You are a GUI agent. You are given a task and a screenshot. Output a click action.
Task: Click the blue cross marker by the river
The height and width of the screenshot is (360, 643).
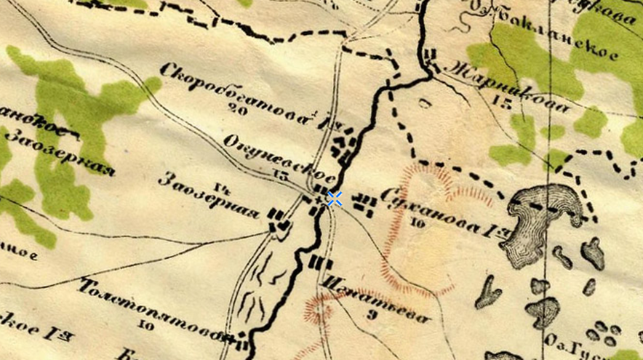coord(335,199)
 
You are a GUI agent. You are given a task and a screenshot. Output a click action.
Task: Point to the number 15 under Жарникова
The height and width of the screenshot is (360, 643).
coord(502,101)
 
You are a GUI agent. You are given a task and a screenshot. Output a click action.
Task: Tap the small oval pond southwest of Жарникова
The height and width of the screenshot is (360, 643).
coord(425,104)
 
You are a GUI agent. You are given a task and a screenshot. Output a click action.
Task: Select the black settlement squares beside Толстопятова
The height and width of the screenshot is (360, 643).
coord(237,337)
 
